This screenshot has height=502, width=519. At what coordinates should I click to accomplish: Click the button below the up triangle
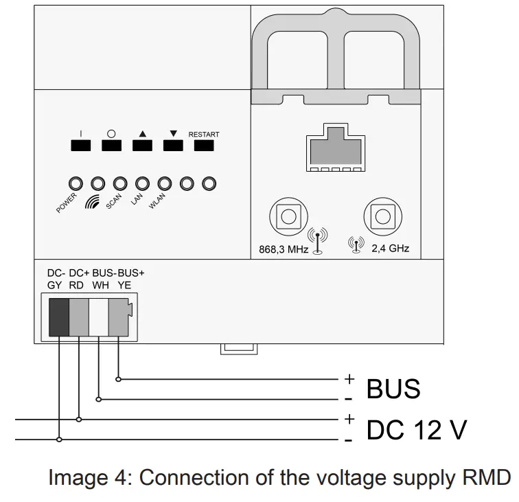(141, 146)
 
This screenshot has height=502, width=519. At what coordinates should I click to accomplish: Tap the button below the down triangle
(173, 146)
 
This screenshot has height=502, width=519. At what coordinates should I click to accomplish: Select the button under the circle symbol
(111, 146)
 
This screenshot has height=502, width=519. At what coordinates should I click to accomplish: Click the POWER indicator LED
(76, 183)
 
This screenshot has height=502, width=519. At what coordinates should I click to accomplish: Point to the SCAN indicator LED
(120, 183)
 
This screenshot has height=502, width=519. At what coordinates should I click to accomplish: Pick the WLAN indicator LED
(165, 183)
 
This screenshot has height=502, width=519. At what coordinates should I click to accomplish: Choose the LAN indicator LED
(143, 183)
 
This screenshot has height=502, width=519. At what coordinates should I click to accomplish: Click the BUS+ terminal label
(133, 273)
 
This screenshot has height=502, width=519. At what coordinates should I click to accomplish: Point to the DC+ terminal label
(80, 273)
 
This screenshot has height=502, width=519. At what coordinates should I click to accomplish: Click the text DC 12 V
(417, 431)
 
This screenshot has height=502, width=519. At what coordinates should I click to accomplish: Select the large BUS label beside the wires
(393, 389)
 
